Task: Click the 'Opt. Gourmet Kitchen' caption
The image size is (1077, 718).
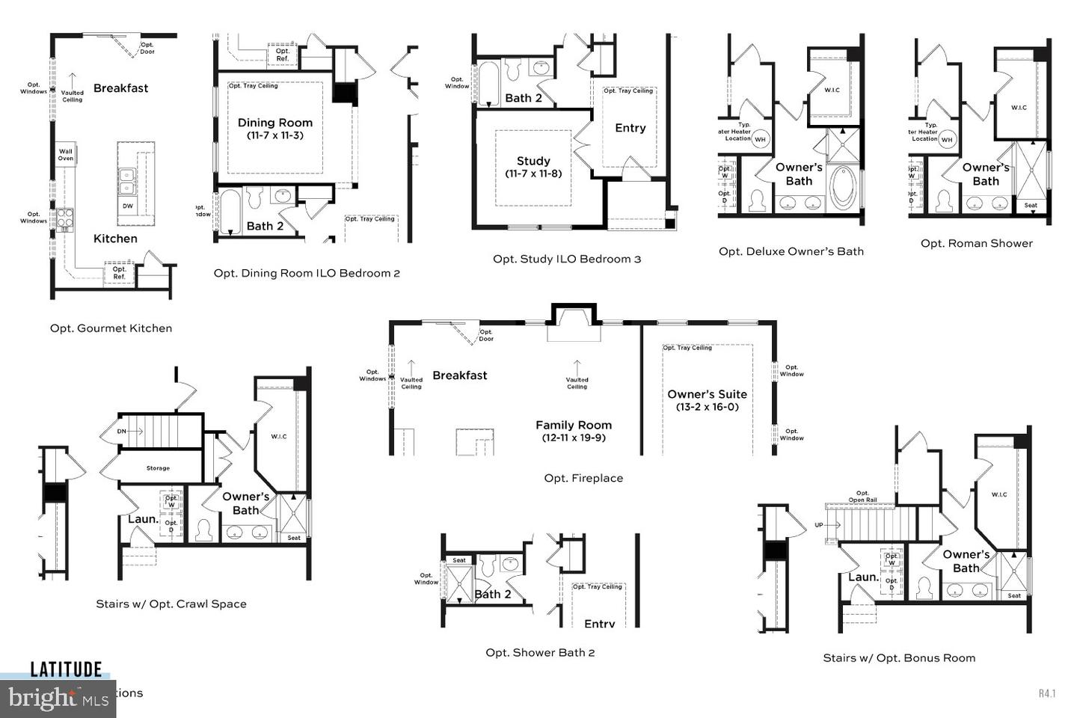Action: (x=111, y=328)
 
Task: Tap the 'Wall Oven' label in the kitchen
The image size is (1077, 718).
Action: (x=66, y=154)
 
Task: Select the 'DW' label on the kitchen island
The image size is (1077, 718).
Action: (x=128, y=206)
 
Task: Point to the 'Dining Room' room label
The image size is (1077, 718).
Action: (x=275, y=123)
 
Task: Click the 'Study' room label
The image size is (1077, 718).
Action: (x=533, y=161)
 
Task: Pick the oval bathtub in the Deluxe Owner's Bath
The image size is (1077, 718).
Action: (x=844, y=187)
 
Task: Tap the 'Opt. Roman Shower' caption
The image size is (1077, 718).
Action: (x=976, y=243)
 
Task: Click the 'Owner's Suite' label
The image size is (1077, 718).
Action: (x=707, y=394)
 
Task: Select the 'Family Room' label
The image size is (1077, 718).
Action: (x=574, y=425)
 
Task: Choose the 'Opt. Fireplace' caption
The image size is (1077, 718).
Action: (x=583, y=478)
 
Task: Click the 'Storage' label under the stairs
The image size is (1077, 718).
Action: (x=158, y=468)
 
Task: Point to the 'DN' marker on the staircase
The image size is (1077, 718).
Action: (x=122, y=432)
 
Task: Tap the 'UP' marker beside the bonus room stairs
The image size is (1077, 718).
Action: (x=819, y=525)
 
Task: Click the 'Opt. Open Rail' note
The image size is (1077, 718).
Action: (x=862, y=497)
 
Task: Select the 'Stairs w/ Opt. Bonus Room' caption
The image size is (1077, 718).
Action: (x=899, y=657)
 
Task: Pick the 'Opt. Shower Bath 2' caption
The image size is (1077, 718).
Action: (x=540, y=652)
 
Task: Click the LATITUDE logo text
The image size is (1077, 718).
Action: (x=66, y=669)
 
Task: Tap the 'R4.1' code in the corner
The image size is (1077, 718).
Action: (x=1046, y=693)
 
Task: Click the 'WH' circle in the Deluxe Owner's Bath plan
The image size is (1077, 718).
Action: (x=761, y=139)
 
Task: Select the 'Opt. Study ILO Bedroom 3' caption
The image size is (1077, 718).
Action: (x=567, y=259)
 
